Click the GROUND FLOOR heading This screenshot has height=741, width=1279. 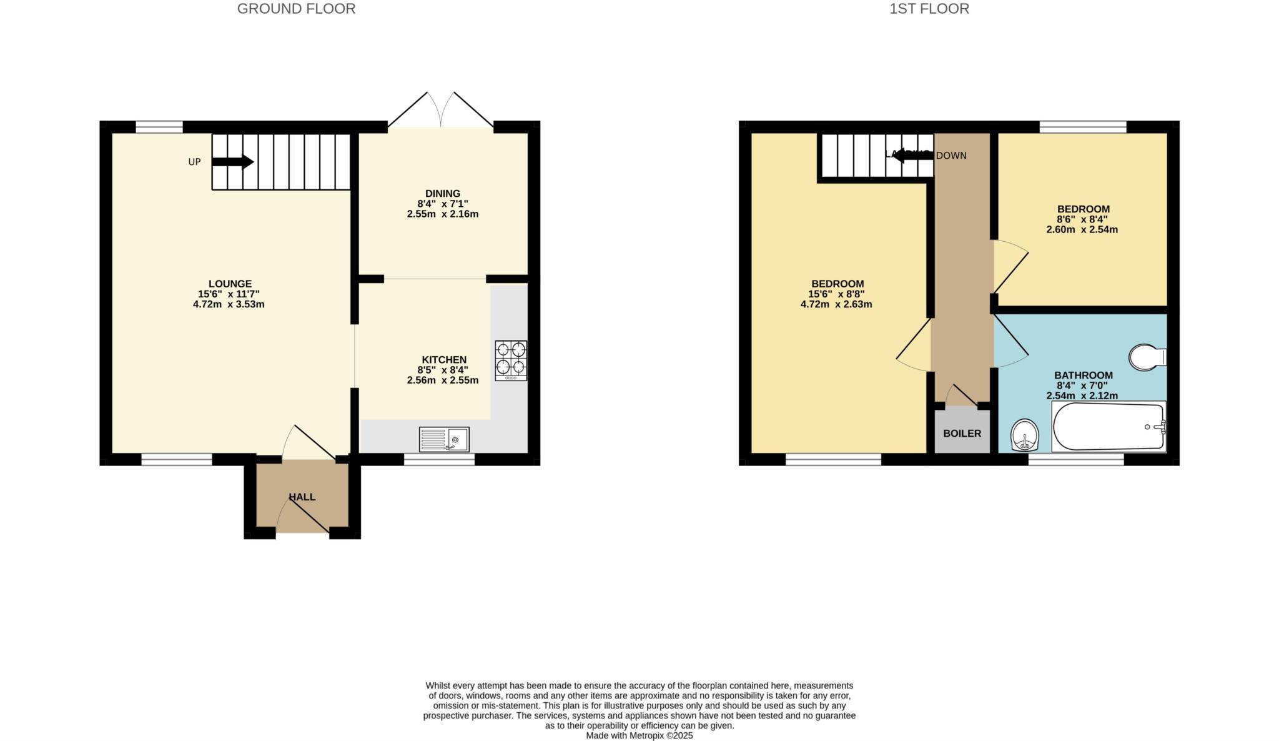pos(296,9)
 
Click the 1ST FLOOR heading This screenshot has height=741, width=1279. pos(929,9)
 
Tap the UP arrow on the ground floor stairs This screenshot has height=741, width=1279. pos(233,162)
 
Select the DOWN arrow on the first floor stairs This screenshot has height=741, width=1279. pos(912,156)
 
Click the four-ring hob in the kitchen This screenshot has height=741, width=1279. pos(511,360)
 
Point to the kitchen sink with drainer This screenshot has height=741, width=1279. pos(444,439)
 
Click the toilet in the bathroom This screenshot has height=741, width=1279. pos(1147,357)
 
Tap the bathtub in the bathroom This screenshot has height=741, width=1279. pos(1109,427)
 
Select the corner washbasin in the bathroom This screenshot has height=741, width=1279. pos(1025,434)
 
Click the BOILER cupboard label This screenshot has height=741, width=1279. pos(962,433)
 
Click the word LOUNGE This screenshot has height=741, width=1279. pos(230,284)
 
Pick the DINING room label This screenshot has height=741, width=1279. pos(443,194)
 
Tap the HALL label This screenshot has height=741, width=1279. pos(302,497)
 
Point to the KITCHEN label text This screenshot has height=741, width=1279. pos(444,360)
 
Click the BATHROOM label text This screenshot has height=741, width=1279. pos(1083,375)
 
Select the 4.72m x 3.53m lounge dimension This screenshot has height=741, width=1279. pos(229,304)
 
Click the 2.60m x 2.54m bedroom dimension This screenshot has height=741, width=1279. pos(1082,229)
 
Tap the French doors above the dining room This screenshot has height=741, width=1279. pos(441,111)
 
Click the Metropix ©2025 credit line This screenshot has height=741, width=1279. pos(639,735)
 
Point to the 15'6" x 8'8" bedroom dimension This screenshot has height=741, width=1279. pos(836,294)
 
